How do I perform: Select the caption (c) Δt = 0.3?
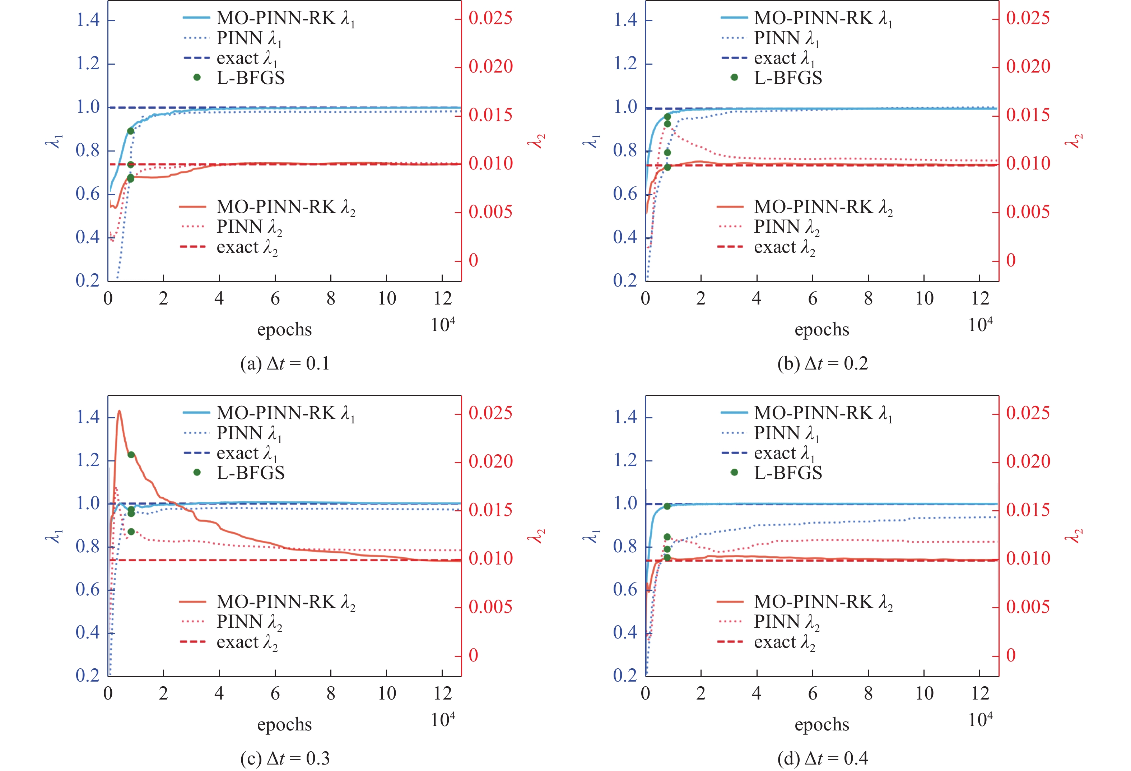pyautogui.click(x=285, y=758)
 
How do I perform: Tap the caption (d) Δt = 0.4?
pyautogui.click(x=823, y=758)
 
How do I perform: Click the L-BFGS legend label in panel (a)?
pyautogui.click(x=250, y=78)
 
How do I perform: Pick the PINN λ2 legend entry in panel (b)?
pyautogui.click(x=786, y=227)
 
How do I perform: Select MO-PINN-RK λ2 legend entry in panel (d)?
pyautogui.click(x=823, y=602)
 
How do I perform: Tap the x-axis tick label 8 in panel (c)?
pyautogui.click(x=331, y=693)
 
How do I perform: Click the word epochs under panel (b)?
pyautogui.click(x=822, y=330)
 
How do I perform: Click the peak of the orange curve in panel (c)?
pyautogui.click(x=119, y=411)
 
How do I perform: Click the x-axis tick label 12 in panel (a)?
pyautogui.click(x=443, y=298)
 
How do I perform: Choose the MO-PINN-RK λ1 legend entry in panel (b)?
pyautogui.click(x=823, y=18)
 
